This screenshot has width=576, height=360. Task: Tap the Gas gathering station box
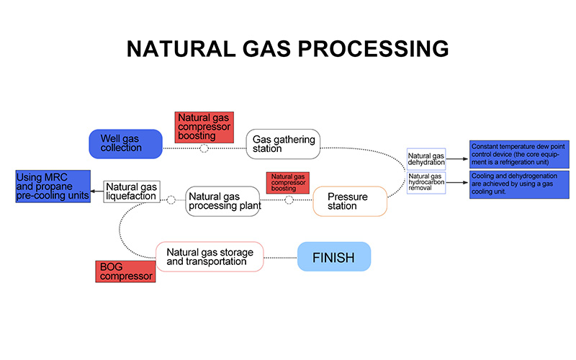click(282, 144)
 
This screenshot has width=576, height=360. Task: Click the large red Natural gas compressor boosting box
click(204, 127)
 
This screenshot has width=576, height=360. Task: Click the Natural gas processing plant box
click(222, 201)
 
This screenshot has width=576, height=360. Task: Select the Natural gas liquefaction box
click(131, 191)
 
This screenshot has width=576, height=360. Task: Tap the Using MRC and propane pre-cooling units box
click(53, 186)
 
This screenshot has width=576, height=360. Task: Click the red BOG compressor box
click(125, 271)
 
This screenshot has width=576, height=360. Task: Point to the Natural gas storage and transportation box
click(210, 256)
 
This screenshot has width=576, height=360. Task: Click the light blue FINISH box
click(334, 256)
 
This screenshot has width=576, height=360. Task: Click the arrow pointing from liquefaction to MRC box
click(97, 192)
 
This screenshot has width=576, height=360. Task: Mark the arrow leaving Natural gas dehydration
click(457, 159)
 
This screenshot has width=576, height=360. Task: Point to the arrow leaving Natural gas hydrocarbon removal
click(457, 181)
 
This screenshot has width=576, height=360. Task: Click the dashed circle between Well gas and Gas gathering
click(204, 148)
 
